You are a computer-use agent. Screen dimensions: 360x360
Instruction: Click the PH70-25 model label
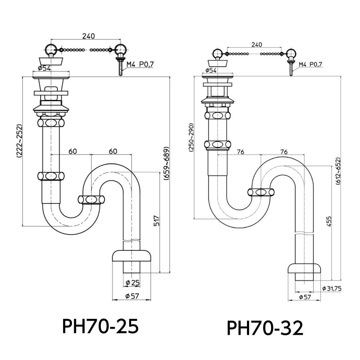100,326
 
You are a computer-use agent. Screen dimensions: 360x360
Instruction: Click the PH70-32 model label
265,328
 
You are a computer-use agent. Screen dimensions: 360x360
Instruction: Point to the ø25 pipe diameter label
133,283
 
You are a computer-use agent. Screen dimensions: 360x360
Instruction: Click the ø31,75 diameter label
332,288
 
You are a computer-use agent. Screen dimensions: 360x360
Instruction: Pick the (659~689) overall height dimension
166,164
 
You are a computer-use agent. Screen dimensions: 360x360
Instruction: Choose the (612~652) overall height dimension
338,171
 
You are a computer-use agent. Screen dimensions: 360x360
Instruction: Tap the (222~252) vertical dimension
19,141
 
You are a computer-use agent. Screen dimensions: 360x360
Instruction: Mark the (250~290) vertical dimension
191,138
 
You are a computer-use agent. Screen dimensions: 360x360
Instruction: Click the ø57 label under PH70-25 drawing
132,296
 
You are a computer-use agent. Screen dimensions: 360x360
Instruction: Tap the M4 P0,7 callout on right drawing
311,64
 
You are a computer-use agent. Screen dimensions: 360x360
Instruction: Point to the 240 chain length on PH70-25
89,36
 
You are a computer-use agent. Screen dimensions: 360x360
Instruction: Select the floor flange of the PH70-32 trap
305,268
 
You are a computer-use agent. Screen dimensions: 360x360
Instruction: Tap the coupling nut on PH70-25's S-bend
91,199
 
